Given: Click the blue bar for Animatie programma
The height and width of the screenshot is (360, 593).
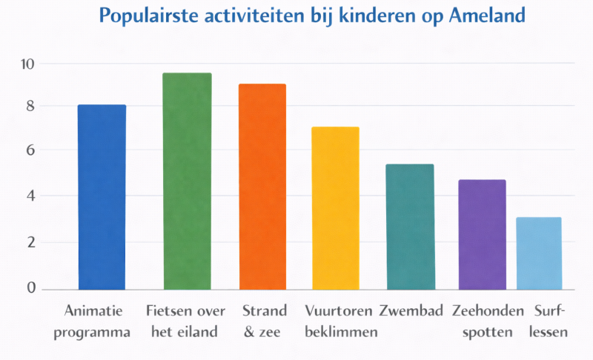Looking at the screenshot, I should coord(102,197).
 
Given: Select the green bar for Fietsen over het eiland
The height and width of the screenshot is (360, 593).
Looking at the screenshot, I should coord(188,181).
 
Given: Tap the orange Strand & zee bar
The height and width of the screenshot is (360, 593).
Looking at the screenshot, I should coord(262,187).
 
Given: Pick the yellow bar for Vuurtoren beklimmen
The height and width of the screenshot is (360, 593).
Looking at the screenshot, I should coord(335,208).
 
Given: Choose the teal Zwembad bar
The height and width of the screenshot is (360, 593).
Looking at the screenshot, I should coord(410,227).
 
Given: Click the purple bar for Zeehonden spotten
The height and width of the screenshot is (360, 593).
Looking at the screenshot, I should coord(482,234).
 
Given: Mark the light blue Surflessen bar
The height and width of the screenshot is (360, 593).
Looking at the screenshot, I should coord(539,253).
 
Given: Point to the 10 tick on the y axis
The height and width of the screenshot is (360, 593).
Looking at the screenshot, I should coord(27,64).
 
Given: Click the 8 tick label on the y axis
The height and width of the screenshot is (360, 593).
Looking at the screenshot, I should coord(30,107).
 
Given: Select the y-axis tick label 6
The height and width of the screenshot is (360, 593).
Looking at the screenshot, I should coord(30,150).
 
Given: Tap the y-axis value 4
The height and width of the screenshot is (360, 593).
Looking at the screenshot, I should coord(30,196).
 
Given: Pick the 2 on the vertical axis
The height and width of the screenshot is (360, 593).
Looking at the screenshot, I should coord(30,242).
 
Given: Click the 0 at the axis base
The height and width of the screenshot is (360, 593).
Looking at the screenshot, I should coord(30,287).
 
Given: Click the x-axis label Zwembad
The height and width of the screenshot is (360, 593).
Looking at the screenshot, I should coord(411,310).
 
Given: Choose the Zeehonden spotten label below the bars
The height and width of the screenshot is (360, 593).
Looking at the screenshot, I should coord(487,321).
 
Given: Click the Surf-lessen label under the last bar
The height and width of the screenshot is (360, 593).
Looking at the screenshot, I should coord(549,321).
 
